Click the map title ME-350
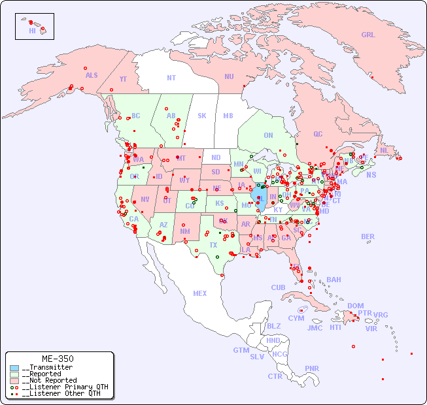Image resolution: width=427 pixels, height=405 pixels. pyautogui.click(x=58, y=359)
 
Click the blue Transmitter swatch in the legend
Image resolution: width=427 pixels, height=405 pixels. pyautogui.click(x=14, y=368)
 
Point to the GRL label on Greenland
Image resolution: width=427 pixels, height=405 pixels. pyautogui.click(x=368, y=35)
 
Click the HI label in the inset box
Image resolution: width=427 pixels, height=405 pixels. pyautogui.click(x=32, y=31)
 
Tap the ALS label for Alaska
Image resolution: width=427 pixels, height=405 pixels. pyautogui.click(x=92, y=76)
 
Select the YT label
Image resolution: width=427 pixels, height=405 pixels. pyautogui.click(x=123, y=79)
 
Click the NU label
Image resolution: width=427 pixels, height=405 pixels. pyautogui.click(x=229, y=76)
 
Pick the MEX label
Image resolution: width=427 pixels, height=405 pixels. pyautogui.click(x=200, y=293)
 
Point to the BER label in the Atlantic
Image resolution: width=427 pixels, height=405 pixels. pyautogui.click(x=368, y=236)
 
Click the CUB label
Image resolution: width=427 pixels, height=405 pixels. pyautogui.click(x=278, y=287)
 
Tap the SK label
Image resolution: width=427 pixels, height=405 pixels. pyautogui.click(x=202, y=116)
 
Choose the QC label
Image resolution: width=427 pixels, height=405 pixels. pyautogui.click(x=318, y=135)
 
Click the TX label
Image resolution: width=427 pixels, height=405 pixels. pyautogui.click(x=213, y=246)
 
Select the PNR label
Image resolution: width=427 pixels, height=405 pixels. pyautogui.click(x=312, y=368)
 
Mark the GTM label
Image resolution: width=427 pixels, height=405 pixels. pyautogui.click(x=241, y=350)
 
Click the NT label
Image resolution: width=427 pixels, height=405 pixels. pyautogui.click(x=171, y=78)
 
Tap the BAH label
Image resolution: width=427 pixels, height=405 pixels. pyautogui.click(x=333, y=280)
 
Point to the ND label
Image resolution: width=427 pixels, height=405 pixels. pyautogui.click(x=216, y=157)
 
